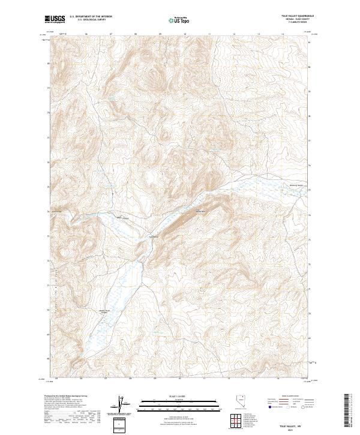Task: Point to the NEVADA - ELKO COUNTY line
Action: tap(297, 20)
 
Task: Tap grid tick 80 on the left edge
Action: tap(49, 67)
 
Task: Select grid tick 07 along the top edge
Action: tap(112, 34)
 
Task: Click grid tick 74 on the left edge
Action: tap(49, 212)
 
